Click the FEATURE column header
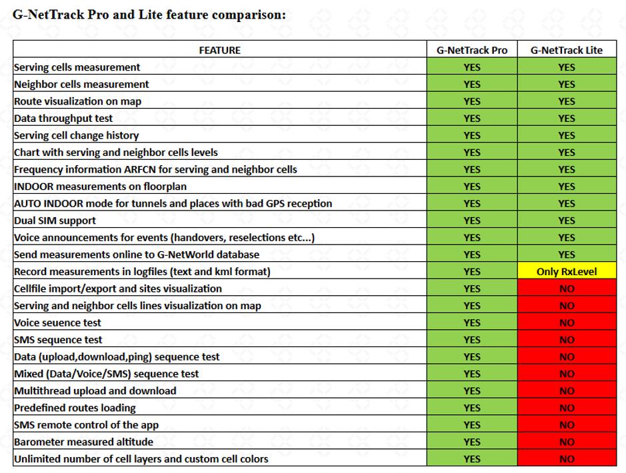219,50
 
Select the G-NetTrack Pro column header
471,50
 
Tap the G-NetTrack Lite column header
566,50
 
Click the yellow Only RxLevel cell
566,271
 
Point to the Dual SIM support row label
55,221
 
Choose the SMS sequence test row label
58,340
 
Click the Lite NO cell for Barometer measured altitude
566,442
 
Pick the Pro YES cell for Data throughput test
471,119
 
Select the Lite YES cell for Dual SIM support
566,221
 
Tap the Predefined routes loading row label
75,408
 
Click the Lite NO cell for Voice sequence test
566,322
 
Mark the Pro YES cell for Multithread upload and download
471,390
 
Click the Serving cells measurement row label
77,67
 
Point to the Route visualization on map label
77,101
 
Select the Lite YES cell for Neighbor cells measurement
566,84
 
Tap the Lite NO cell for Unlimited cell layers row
566,458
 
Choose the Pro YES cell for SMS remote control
471,424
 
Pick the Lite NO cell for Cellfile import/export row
566,288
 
